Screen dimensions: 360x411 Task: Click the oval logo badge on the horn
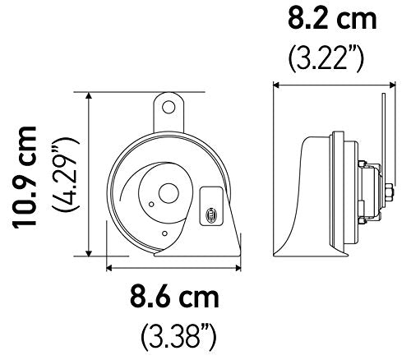(210, 212)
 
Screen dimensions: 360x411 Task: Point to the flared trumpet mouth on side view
(288, 238)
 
